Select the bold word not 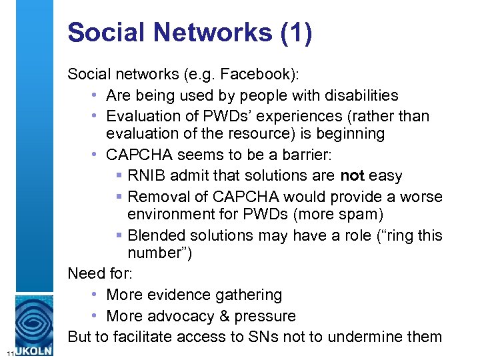(353, 176)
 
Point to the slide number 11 (6, 352)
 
